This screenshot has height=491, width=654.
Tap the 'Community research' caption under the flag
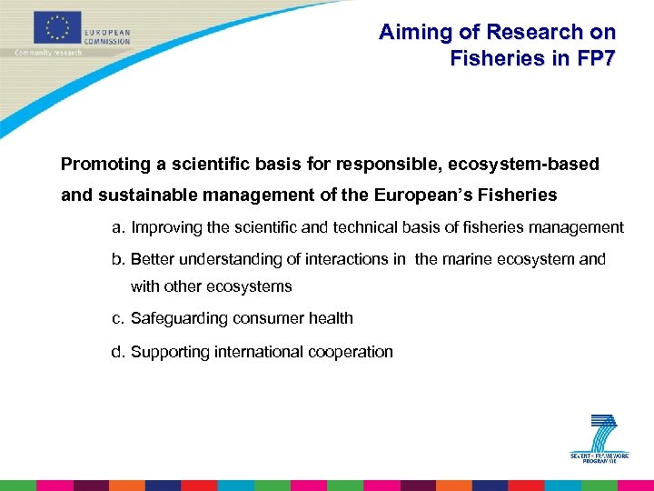point(48,53)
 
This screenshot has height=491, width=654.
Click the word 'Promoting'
point(104,165)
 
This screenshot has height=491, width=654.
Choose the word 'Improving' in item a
point(166,227)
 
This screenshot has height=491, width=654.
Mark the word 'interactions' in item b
point(344,259)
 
